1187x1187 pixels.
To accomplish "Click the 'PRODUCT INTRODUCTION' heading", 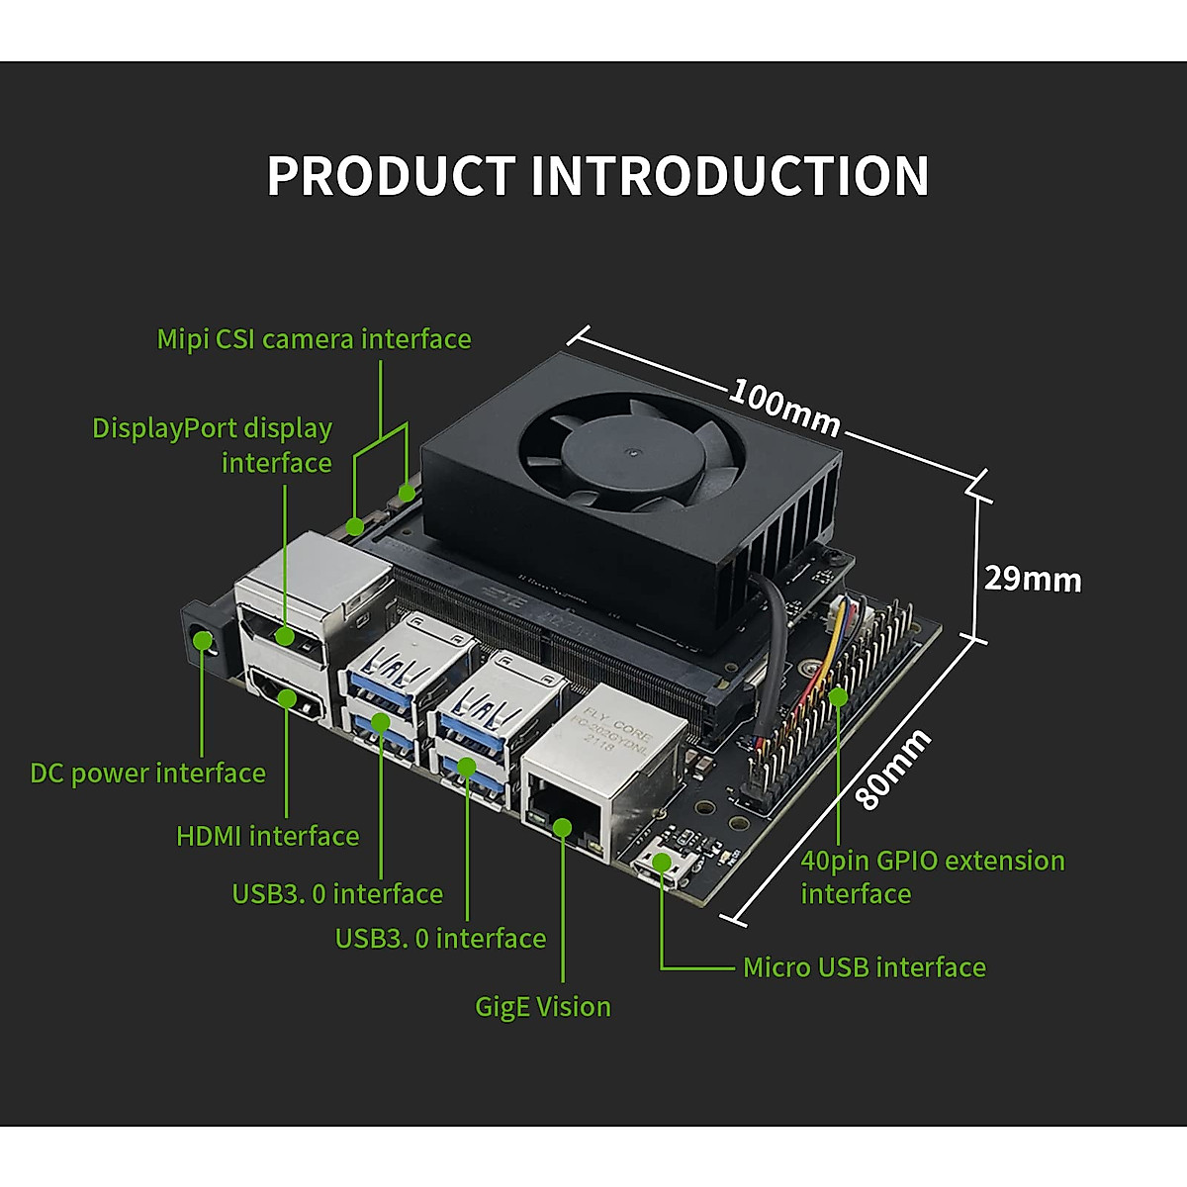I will click(x=597, y=176).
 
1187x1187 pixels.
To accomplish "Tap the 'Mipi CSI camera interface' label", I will click(x=314, y=339).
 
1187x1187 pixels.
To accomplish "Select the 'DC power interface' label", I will click(x=147, y=774).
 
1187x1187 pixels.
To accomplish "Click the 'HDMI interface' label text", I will click(x=267, y=836).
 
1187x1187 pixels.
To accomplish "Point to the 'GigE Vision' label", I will click(x=543, y=1007).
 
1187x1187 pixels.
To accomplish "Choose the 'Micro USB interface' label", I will click(x=864, y=967).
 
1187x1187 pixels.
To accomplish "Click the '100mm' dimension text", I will click(x=784, y=407).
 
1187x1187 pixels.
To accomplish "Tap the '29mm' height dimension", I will click(x=1032, y=579).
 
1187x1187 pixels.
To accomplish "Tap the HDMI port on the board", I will click(x=288, y=696).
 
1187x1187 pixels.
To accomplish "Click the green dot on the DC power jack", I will click(x=203, y=641).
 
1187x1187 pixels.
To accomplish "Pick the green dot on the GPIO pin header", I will click(x=838, y=696).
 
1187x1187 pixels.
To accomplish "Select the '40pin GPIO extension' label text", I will click(x=932, y=861).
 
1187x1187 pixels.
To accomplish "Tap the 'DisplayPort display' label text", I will click(x=212, y=428).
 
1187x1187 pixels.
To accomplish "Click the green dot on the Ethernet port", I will click(x=563, y=827).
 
